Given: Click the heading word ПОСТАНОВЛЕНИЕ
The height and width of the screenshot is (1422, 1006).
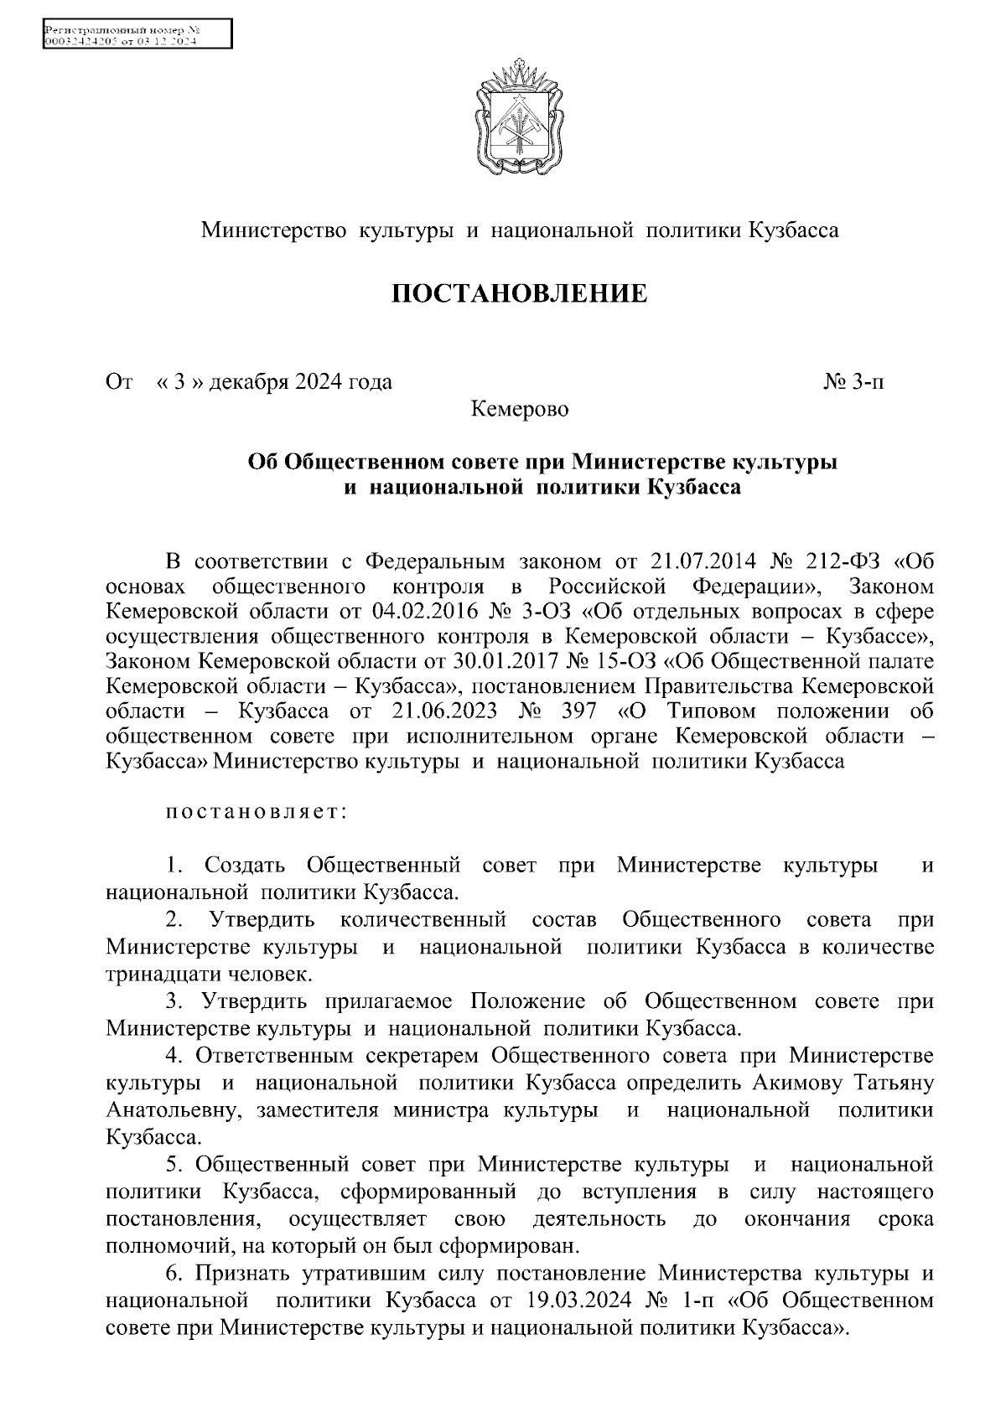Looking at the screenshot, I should (x=520, y=294).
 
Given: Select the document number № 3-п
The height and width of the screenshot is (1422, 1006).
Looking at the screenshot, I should (x=853, y=383).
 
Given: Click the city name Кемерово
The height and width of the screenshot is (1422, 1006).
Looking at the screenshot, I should (x=520, y=411).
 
